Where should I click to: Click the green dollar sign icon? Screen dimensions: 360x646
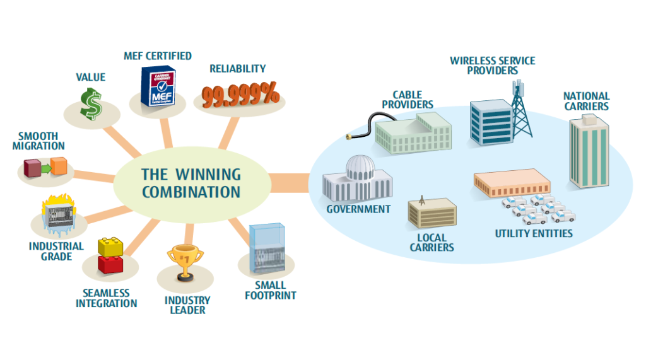[91, 103]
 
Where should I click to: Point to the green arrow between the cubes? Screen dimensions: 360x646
[45, 168]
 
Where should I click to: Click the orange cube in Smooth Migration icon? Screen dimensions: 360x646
[58, 166]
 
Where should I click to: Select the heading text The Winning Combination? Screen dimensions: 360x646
[191, 183]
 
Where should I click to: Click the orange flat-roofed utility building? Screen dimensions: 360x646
[512, 183]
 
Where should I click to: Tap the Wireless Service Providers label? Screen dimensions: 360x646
[492, 66]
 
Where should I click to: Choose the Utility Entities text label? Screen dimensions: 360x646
[534, 233]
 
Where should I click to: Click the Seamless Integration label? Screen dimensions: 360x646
[106, 298]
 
